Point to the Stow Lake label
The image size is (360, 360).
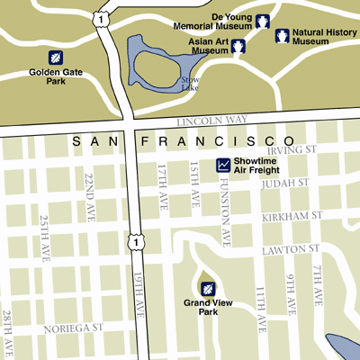(190, 84)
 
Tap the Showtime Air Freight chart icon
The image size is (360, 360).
(223, 165)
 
